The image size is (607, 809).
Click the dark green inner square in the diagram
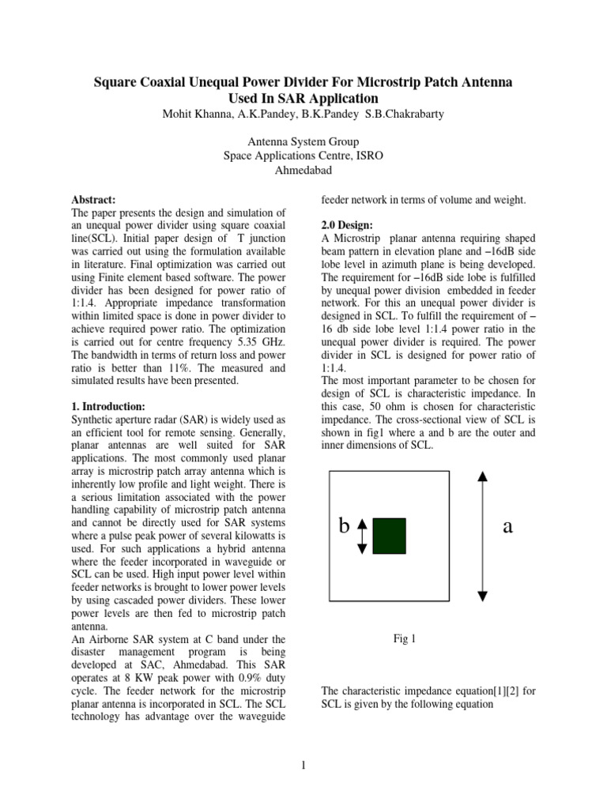point(389,535)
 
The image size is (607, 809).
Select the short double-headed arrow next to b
point(363,536)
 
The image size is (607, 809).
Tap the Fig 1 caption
point(404,638)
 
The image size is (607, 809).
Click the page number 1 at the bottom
point(303,766)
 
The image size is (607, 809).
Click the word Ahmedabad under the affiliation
point(303,170)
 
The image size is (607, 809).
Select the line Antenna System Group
point(303,143)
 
